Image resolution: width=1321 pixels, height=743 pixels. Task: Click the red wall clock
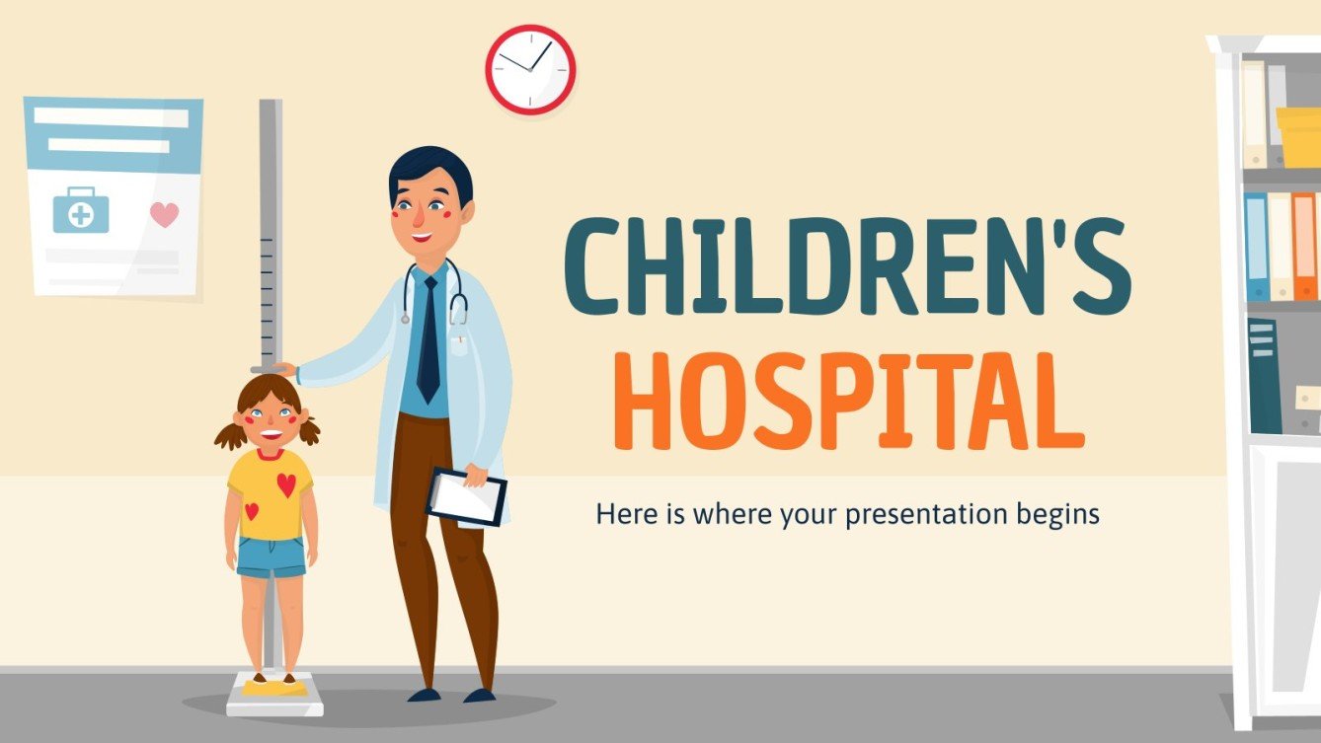point(530,69)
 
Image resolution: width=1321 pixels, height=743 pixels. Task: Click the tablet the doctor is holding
point(466,496)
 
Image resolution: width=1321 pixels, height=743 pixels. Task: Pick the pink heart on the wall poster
point(164,214)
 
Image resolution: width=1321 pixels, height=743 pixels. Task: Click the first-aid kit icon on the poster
point(80,211)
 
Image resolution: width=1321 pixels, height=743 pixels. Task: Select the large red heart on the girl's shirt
point(285,484)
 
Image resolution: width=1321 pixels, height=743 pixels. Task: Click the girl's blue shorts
point(272,557)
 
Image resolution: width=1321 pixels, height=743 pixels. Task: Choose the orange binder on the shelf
point(1303,247)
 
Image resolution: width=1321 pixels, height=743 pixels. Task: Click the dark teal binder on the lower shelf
point(1264,377)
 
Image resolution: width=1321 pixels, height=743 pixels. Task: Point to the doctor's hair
point(429,172)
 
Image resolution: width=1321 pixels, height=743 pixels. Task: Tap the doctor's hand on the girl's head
point(284,369)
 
